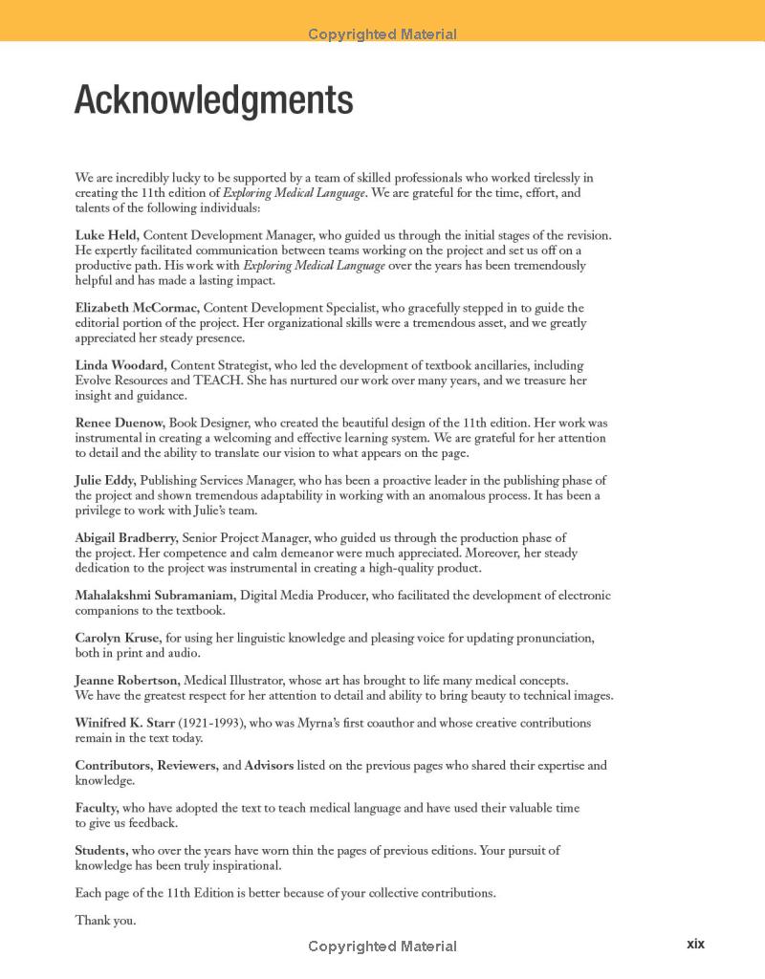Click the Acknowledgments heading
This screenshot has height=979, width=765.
click(214, 100)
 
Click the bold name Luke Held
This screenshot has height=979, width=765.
click(107, 235)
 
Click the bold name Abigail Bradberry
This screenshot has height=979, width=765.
click(126, 537)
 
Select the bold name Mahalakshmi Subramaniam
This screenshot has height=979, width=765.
click(155, 595)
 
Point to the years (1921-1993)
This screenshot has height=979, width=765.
click(211, 723)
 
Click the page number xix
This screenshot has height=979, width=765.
click(695, 944)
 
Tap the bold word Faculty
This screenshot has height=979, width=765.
click(97, 808)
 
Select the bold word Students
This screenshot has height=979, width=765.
click(101, 850)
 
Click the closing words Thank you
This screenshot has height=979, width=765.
click(105, 921)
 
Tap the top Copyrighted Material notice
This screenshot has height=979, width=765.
click(382, 34)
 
